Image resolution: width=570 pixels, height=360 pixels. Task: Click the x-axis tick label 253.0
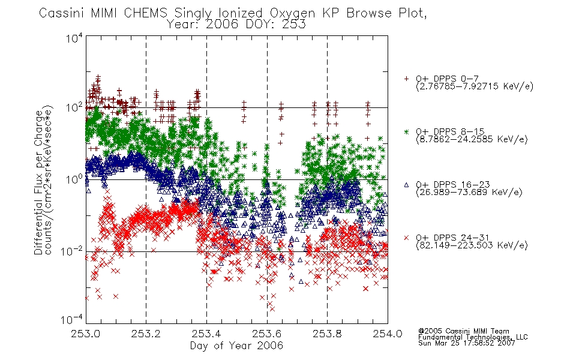coord(86,334)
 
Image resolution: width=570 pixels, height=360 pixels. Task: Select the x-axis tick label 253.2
coord(146,334)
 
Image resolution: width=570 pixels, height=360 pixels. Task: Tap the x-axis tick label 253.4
coord(206,334)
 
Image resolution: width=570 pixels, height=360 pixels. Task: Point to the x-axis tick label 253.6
coord(267,334)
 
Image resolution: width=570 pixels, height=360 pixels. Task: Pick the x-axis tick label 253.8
coord(327,334)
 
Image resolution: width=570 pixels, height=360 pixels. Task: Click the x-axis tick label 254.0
coord(388,334)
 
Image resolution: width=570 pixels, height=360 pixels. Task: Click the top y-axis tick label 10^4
coord(74,38)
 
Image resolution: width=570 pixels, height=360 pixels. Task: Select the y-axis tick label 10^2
coord(74,107)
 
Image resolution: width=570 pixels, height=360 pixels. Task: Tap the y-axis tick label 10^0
coord(74,179)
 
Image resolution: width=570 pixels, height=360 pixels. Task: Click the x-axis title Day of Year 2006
coord(236,346)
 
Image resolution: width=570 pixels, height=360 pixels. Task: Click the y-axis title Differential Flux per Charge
coord(38,182)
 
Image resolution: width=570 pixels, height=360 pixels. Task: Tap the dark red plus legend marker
coord(406,79)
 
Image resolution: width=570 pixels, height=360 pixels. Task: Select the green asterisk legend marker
coord(406,131)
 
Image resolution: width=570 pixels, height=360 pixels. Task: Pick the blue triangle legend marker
coord(406,185)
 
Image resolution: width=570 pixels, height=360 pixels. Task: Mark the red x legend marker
coord(406,238)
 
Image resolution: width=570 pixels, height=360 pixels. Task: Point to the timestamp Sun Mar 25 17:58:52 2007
coord(466,343)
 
